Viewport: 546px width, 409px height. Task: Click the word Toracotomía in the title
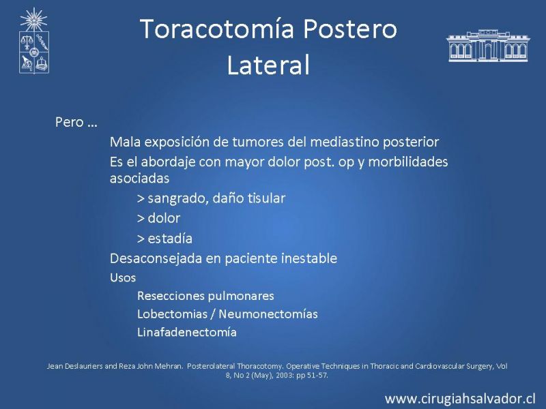[x=217, y=29]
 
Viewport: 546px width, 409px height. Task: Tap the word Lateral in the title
[x=268, y=65]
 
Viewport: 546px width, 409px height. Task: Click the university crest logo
[x=33, y=41]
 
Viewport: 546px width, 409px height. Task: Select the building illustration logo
[x=488, y=46]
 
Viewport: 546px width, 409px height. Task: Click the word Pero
[x=70, y=122]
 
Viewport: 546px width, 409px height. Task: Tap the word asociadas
[x=139, y=179]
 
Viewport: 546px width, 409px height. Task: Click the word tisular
[x=266, y=198]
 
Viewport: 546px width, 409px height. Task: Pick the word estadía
[x=170, y=239]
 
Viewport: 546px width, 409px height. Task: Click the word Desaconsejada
[x=156, y=259]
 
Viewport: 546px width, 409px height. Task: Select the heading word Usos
[x=123, y=277]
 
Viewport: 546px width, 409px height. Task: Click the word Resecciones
[x=169, y=296]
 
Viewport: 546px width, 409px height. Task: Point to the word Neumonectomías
[x=268, y=314]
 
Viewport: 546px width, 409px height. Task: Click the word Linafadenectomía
[x=187, y=332]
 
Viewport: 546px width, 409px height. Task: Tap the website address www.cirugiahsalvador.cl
[x=459, y=399]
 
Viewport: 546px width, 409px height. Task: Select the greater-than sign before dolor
[x=141, y=219]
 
